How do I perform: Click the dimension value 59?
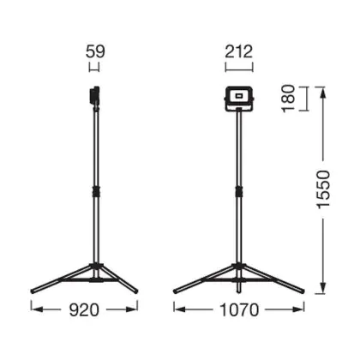(95, 52)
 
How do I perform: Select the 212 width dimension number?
(239, 52)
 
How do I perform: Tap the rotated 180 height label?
(289, 99)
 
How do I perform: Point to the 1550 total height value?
(324, 189)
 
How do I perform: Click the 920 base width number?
(84, 310)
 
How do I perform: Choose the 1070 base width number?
(239, 310)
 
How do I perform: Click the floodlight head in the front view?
(239, 99)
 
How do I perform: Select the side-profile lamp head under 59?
(94, 97)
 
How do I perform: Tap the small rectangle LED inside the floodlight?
(239, 95)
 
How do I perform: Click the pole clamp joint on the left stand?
(96, 191)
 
